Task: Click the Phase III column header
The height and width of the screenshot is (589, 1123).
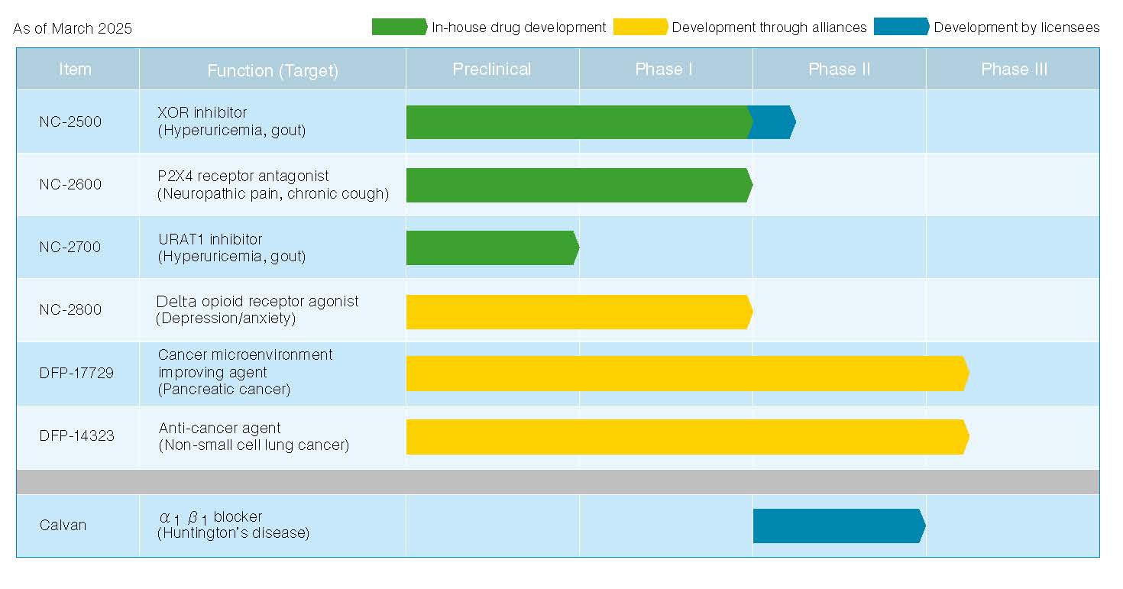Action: [1014, 70]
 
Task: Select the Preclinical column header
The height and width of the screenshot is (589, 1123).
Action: [491, 70]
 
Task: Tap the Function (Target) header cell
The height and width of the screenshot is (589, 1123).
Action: [273, 71]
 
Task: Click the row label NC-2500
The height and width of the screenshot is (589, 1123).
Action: [70, 122]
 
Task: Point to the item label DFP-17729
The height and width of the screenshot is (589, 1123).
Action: [76, 374]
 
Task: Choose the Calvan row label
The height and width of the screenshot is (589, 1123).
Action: [63, 525]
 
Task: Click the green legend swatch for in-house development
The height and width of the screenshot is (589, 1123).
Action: [399, 28]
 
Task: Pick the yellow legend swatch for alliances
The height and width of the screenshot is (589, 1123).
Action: [640, 28]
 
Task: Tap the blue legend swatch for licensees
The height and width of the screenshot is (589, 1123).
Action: [901, 28]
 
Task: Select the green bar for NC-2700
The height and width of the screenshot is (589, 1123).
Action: [491, 248]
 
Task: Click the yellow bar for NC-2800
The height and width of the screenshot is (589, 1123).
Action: [578, 312]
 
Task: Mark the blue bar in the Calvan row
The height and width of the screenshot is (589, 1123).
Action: [838, 526]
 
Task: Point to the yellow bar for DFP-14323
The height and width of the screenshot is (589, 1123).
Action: [686, 437]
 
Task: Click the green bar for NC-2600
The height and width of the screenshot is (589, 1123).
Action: [578, 185]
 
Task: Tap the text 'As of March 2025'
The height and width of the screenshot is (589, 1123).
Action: [73, 29]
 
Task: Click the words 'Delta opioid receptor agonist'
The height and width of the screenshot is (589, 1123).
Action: [257, 301]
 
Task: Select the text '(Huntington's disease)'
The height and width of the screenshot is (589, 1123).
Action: [233, 533]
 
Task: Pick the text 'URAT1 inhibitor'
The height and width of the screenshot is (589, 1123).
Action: [210, 239]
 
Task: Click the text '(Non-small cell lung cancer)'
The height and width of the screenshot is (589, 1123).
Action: [254, 445]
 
